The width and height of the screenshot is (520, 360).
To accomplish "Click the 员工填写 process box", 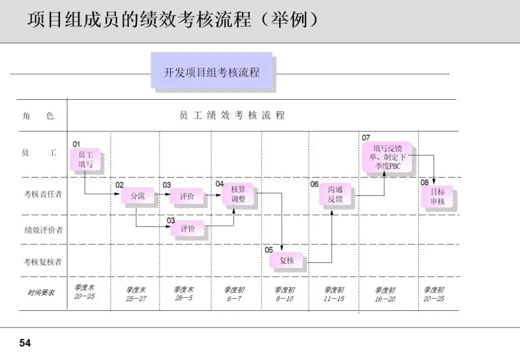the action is [x=86, y=160].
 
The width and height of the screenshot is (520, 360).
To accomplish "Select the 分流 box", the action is [x=137, y=196].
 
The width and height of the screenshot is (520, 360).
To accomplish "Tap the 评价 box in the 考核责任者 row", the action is [x=187, y=196].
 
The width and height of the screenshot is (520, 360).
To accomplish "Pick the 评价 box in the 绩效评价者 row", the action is [x=187, y=228].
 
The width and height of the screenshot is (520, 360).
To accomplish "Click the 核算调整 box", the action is [x=238, y=194].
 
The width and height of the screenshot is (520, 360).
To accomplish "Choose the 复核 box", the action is [x=286, y=260].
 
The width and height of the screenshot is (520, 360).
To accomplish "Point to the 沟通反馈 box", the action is [x=335, y=194].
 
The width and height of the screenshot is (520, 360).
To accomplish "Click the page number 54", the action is [x=25, y=343].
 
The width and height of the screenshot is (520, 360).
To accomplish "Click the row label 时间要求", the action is [x=41, y=293].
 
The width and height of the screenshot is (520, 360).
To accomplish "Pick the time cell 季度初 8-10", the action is [x=285, y=294].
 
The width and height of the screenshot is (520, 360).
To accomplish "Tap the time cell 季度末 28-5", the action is [x=183, y=294].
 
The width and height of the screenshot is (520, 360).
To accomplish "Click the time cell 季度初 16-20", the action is [x=385, y=294].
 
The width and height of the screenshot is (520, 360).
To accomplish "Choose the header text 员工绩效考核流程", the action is [x=232, y=116].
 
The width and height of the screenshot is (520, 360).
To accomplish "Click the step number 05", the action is [x=269, y=250].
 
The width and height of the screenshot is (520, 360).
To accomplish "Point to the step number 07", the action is [x=366, y=138].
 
